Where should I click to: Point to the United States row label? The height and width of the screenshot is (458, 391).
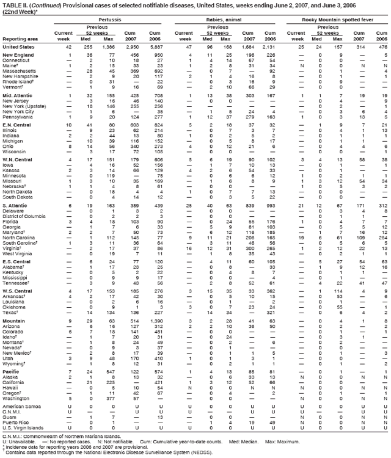tap(18, 46)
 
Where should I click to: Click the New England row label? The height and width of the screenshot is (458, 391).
tap(17, 56)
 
